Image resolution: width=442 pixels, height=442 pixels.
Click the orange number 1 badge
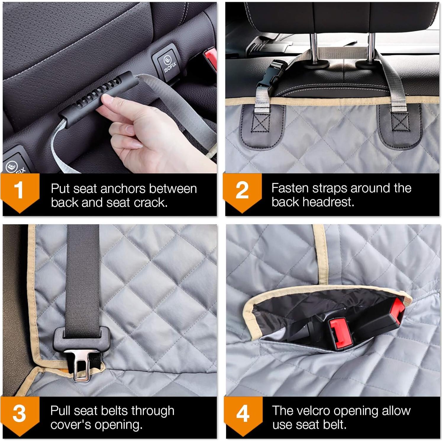pos(20,191)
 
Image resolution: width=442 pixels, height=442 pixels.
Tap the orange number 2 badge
pos(242,191)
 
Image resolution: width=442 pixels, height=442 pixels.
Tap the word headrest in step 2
pos(333,202)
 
